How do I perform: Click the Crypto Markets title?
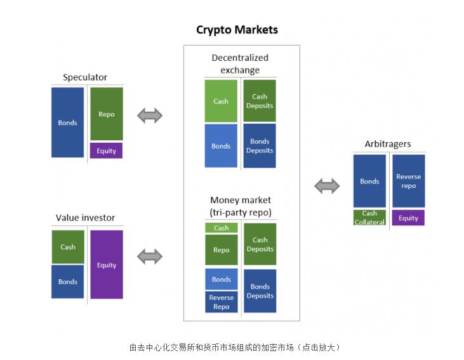coord(237,30)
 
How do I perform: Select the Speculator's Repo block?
coord(107,114)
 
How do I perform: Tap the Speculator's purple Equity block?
coord(107,151)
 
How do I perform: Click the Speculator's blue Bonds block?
coord(67,123)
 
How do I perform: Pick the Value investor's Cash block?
coord(68,247)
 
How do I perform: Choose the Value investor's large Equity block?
coord(107,264)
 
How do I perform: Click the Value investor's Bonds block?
coord(68,282)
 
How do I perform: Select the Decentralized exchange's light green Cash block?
coord(221,101)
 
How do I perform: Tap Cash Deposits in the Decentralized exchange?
coord(260,101)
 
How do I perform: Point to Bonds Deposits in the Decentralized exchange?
coord(260,146)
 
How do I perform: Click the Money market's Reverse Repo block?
coord(222,302)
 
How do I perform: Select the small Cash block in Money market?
coord(222,228)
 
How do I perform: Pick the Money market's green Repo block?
coord(222,250)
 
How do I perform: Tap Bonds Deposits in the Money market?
coord(260,291)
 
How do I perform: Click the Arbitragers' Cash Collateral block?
coord(369,218)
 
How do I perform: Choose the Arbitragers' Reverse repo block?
coord(408,181)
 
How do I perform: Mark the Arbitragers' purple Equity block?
coord(408,218)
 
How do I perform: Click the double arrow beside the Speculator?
coord(150,116)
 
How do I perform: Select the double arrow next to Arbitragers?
coord(328,186)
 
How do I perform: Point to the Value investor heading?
coord(86,218)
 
